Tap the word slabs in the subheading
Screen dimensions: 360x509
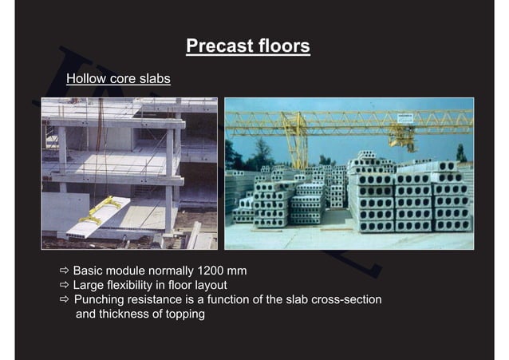pos(153,80)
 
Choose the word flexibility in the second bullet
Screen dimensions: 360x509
pos(136,285)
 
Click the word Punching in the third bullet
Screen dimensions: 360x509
pos(99,299)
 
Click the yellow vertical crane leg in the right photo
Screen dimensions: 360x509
pos(297,144)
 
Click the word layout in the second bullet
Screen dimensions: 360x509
pos(209,285)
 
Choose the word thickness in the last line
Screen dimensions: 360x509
pos(127,314)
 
